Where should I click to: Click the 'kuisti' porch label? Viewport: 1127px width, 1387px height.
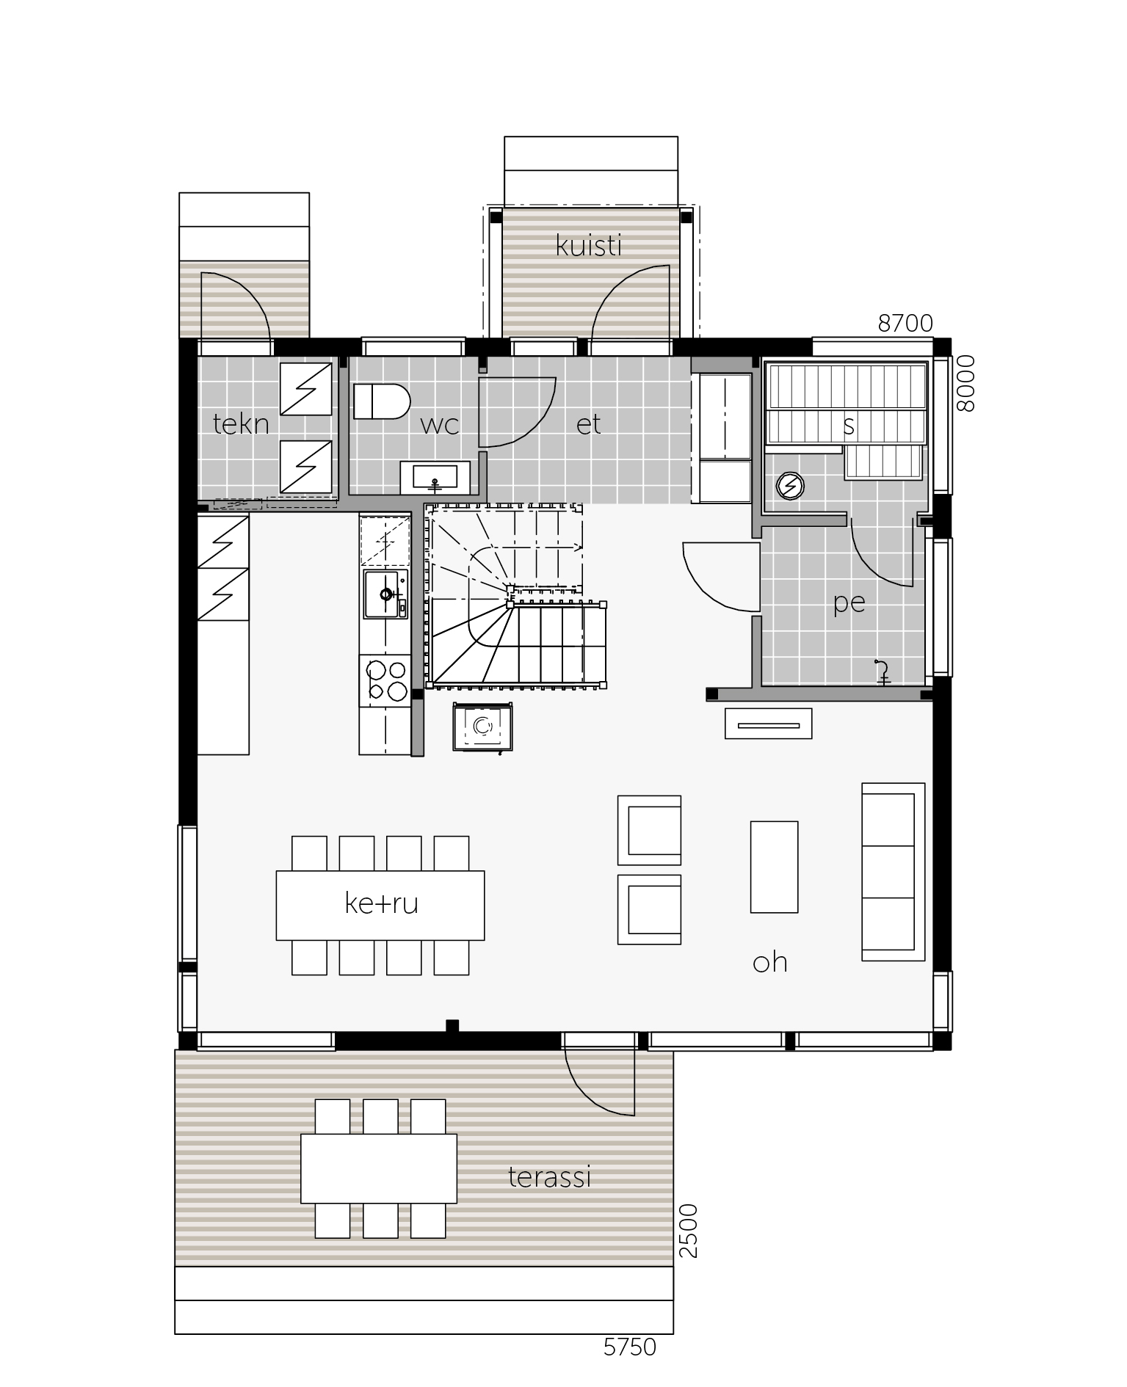pyautogui.click(x=589, y=246)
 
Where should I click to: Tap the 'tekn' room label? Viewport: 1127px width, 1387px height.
pyautogui.click(x=241, y=423)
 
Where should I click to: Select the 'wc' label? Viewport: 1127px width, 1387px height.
pyautogui.click(x=440, y=425)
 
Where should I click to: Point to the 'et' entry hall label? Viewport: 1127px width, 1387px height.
pyautogui.click(x=589, y=424)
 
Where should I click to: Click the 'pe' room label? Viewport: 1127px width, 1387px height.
pyautogui.click(x=849, y=603)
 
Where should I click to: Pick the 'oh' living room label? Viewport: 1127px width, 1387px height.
pyautogui.click(x=770, y=961)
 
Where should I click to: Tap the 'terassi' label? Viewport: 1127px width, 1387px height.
pyautogui.click(x=550, y=1177)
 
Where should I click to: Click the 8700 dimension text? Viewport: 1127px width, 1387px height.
pyautogui.click(x=905, y=323)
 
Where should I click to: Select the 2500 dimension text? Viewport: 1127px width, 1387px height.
pyautogui.click(x=687, y=1231)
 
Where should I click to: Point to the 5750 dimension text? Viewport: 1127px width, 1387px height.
pyautogui.click(x=629, y=1347)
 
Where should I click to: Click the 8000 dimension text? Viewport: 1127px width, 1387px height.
pyautogui.click(x=965, y=384)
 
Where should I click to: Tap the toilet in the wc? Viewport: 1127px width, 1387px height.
pyautogui.click(x=381, y=401)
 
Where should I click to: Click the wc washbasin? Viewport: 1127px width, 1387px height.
pyautogui.click(x=435, y=478)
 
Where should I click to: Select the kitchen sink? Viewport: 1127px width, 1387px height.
pyautogui.click(x=385, y=594)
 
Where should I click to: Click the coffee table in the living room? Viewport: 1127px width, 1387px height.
pyautogui.click(x=774, y=867)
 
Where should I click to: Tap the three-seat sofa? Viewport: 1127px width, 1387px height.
pyautogui.click(x=893, y=871)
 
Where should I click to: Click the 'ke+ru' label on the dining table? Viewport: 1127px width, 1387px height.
pyautogui.click(x=381, y=903)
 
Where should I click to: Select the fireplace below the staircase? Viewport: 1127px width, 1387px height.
pyautogui.click(x=482, y=727)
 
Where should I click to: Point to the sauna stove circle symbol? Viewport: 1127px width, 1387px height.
pyautogui.click(x=790, y=486)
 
